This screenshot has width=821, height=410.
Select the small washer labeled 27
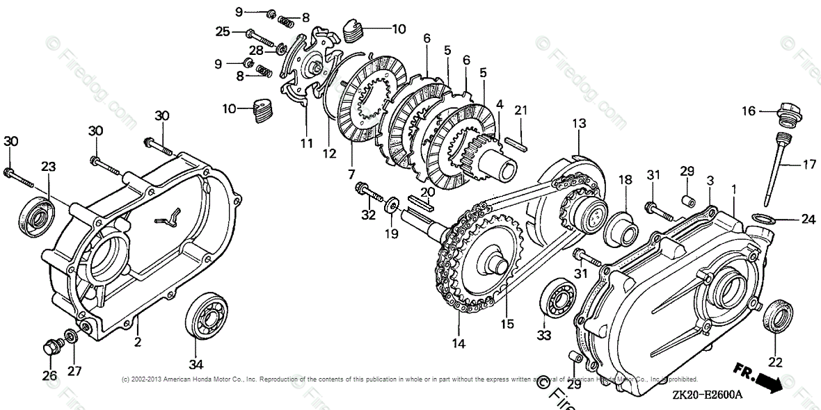pos(71,338)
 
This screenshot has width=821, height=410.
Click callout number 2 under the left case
pos(138,342)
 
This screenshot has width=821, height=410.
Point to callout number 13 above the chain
pos(580,123)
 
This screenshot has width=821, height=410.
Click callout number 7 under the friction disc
pos(351,172)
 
